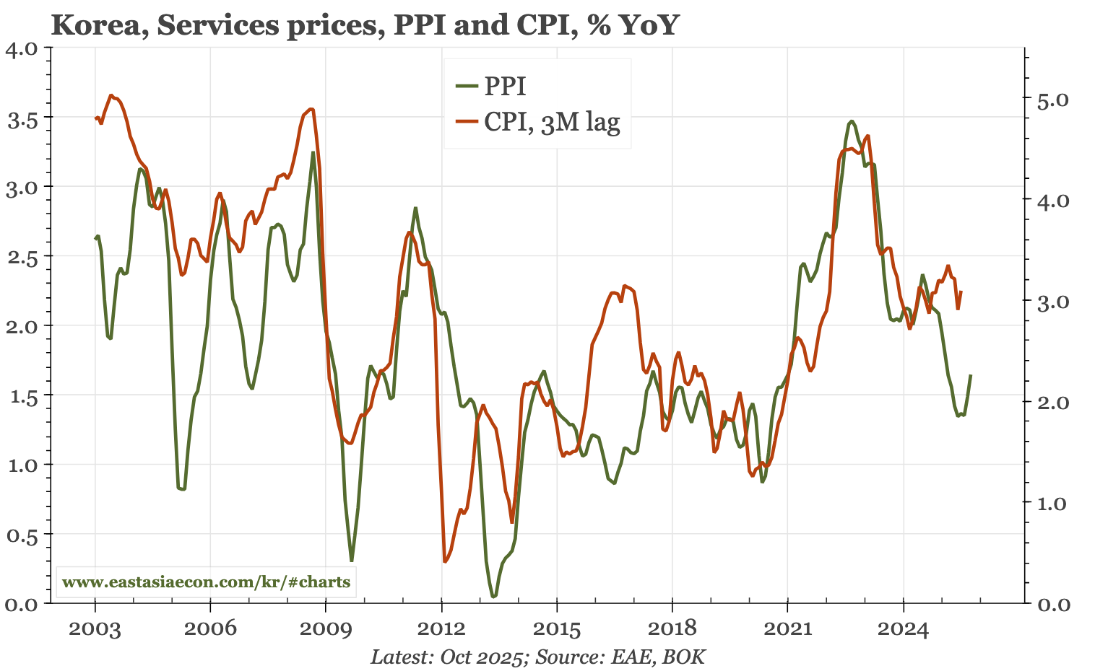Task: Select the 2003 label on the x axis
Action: point(95,628)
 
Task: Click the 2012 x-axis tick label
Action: point(441,628)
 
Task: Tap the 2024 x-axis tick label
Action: point(903,628)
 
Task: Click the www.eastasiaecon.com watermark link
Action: point(207,582)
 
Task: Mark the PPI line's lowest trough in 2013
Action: point(494,597)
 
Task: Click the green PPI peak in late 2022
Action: point(852,121)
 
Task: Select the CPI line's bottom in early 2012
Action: point(445,561)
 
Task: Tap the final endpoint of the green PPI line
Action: point(971,375)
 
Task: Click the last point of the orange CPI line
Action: point(961,291)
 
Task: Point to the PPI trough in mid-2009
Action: point(352,561)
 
